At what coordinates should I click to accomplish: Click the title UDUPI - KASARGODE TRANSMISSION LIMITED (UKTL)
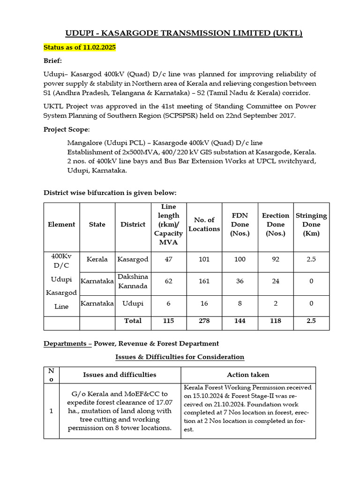point(180,33)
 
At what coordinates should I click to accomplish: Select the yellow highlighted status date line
point(80,48)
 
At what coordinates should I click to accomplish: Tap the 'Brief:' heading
point(53,61)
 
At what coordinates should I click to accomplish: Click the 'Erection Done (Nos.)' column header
point(275,224)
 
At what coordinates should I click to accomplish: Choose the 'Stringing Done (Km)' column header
point(311,224)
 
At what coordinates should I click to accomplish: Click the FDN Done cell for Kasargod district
point(240,259)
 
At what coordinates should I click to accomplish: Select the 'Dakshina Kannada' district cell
point(133,282)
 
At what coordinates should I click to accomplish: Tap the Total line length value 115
point(168,321)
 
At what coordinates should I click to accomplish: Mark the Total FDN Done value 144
point(240,321)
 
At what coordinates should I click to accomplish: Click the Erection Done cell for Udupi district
point(275,303)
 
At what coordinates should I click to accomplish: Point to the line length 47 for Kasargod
point(168,259)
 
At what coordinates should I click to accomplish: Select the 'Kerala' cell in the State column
point(97,259)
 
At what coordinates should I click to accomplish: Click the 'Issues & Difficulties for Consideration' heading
point(180,357)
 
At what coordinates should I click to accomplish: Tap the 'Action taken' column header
point(248,375)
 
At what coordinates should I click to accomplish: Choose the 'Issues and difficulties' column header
point(120,375)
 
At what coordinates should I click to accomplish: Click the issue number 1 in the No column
point(51,411)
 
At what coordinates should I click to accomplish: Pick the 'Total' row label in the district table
point(133,321)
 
